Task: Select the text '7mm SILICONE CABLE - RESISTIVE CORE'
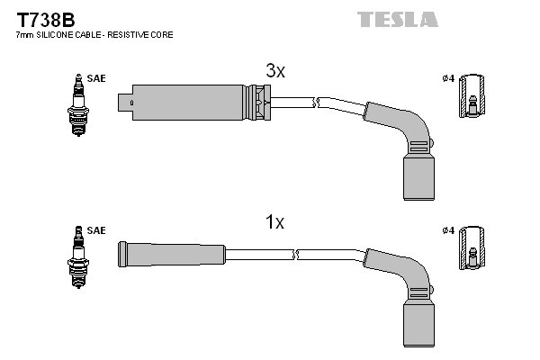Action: [94, 35]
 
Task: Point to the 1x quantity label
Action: [274, 222]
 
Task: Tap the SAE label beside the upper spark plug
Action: [97, 79]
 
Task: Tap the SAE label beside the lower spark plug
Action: [97, 231]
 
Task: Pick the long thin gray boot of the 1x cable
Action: [171, 252]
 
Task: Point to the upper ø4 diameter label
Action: [448, 78]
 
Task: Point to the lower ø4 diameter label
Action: [448, 231]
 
